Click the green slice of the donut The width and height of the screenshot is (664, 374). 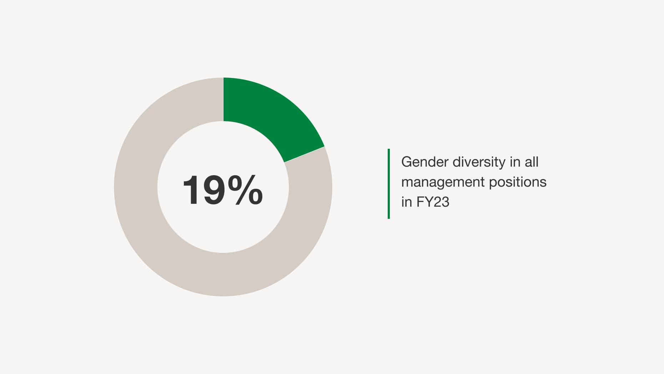pyautogui.click(x=271, y=114)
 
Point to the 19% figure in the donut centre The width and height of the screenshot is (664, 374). pyautogui.click(x=223, y=190)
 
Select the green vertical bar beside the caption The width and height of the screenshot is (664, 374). pyautogui.click(x=389, y=184)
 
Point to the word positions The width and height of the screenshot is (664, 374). pyautogui.click(x=518, y=183)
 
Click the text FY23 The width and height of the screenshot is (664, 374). pyautogui.click(x=433, y=202)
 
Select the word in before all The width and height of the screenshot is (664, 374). pyautogui.click(x=515, y=162)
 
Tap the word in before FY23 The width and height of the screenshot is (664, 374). pyautogui.click(x=407, y=202)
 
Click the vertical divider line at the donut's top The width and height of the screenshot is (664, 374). pyautogui.click(x=223, y=99)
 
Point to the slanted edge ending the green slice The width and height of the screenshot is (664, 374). pyautogui.click(x=304, y=155)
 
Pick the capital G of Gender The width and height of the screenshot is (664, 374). pyautogui.click(x=407, y=162)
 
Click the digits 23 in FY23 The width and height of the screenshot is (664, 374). pyautogui.click(x=442, y=202)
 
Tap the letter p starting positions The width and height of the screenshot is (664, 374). pyautogui.click(x=493, y=184)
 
